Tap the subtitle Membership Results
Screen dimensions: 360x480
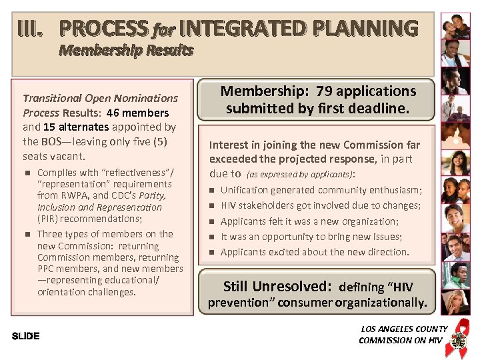click(x=126, y=50)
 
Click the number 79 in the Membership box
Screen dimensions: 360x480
click(x=326, y=91)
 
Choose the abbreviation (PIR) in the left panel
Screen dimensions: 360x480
click(x=47, y=219)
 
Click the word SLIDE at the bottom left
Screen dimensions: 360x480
click(x=26, y=336)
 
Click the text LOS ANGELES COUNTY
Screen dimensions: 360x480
click(x=404, y=329)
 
